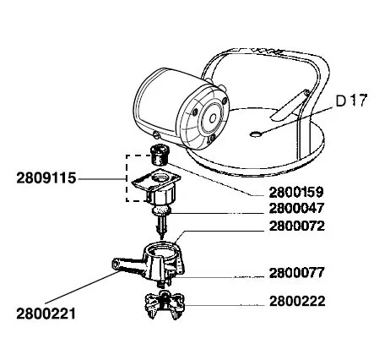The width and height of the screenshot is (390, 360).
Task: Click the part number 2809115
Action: click(x=46, y=178)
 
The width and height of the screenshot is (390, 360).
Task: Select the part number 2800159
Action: click(x=296, y=193)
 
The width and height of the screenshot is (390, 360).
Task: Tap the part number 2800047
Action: click(x=296, y=209)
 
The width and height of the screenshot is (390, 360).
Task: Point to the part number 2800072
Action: click(x=296, y=226)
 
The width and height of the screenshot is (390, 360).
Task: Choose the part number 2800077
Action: click(x=296, y=273)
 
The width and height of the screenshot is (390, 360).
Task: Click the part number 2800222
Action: click(x=297, y=301)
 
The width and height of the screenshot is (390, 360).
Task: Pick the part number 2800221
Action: click(x=46, y=314)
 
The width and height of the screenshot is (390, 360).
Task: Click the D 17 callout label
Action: click(x=352, y=101)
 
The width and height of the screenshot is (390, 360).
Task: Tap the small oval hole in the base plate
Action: click(x=256, y=134)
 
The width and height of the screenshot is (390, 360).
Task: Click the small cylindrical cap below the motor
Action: click(x=159, y=155)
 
